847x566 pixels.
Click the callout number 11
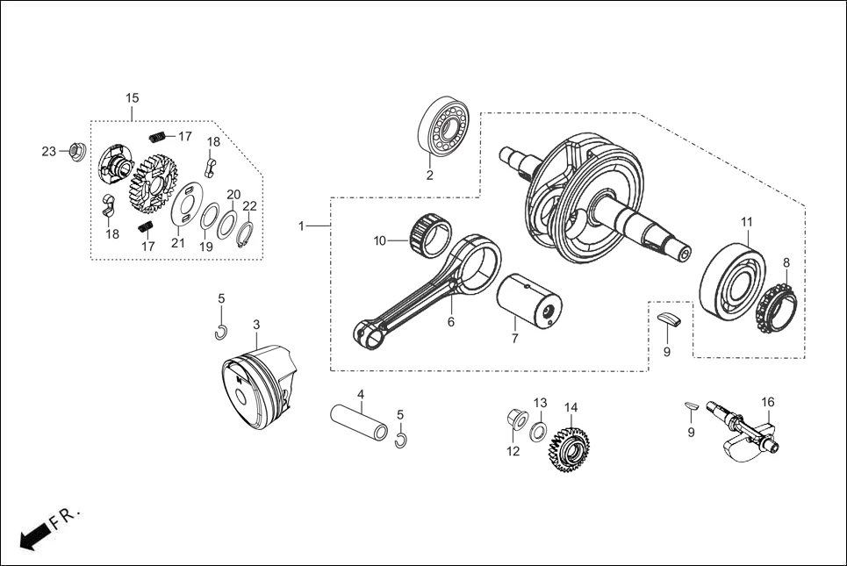click(746, 222)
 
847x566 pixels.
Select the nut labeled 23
click(76, 151)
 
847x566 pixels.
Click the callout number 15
click(133, 97)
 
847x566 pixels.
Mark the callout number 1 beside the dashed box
click(301, 226)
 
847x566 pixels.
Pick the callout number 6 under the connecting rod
click(450, 322)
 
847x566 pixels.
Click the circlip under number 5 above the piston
click(222, 331)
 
